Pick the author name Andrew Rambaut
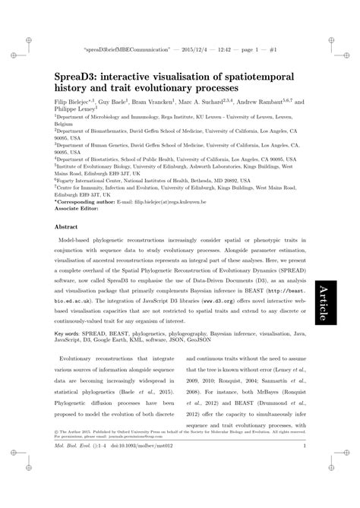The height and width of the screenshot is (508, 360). coord(262,100)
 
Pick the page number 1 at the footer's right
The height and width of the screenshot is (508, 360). coord(304,476)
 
